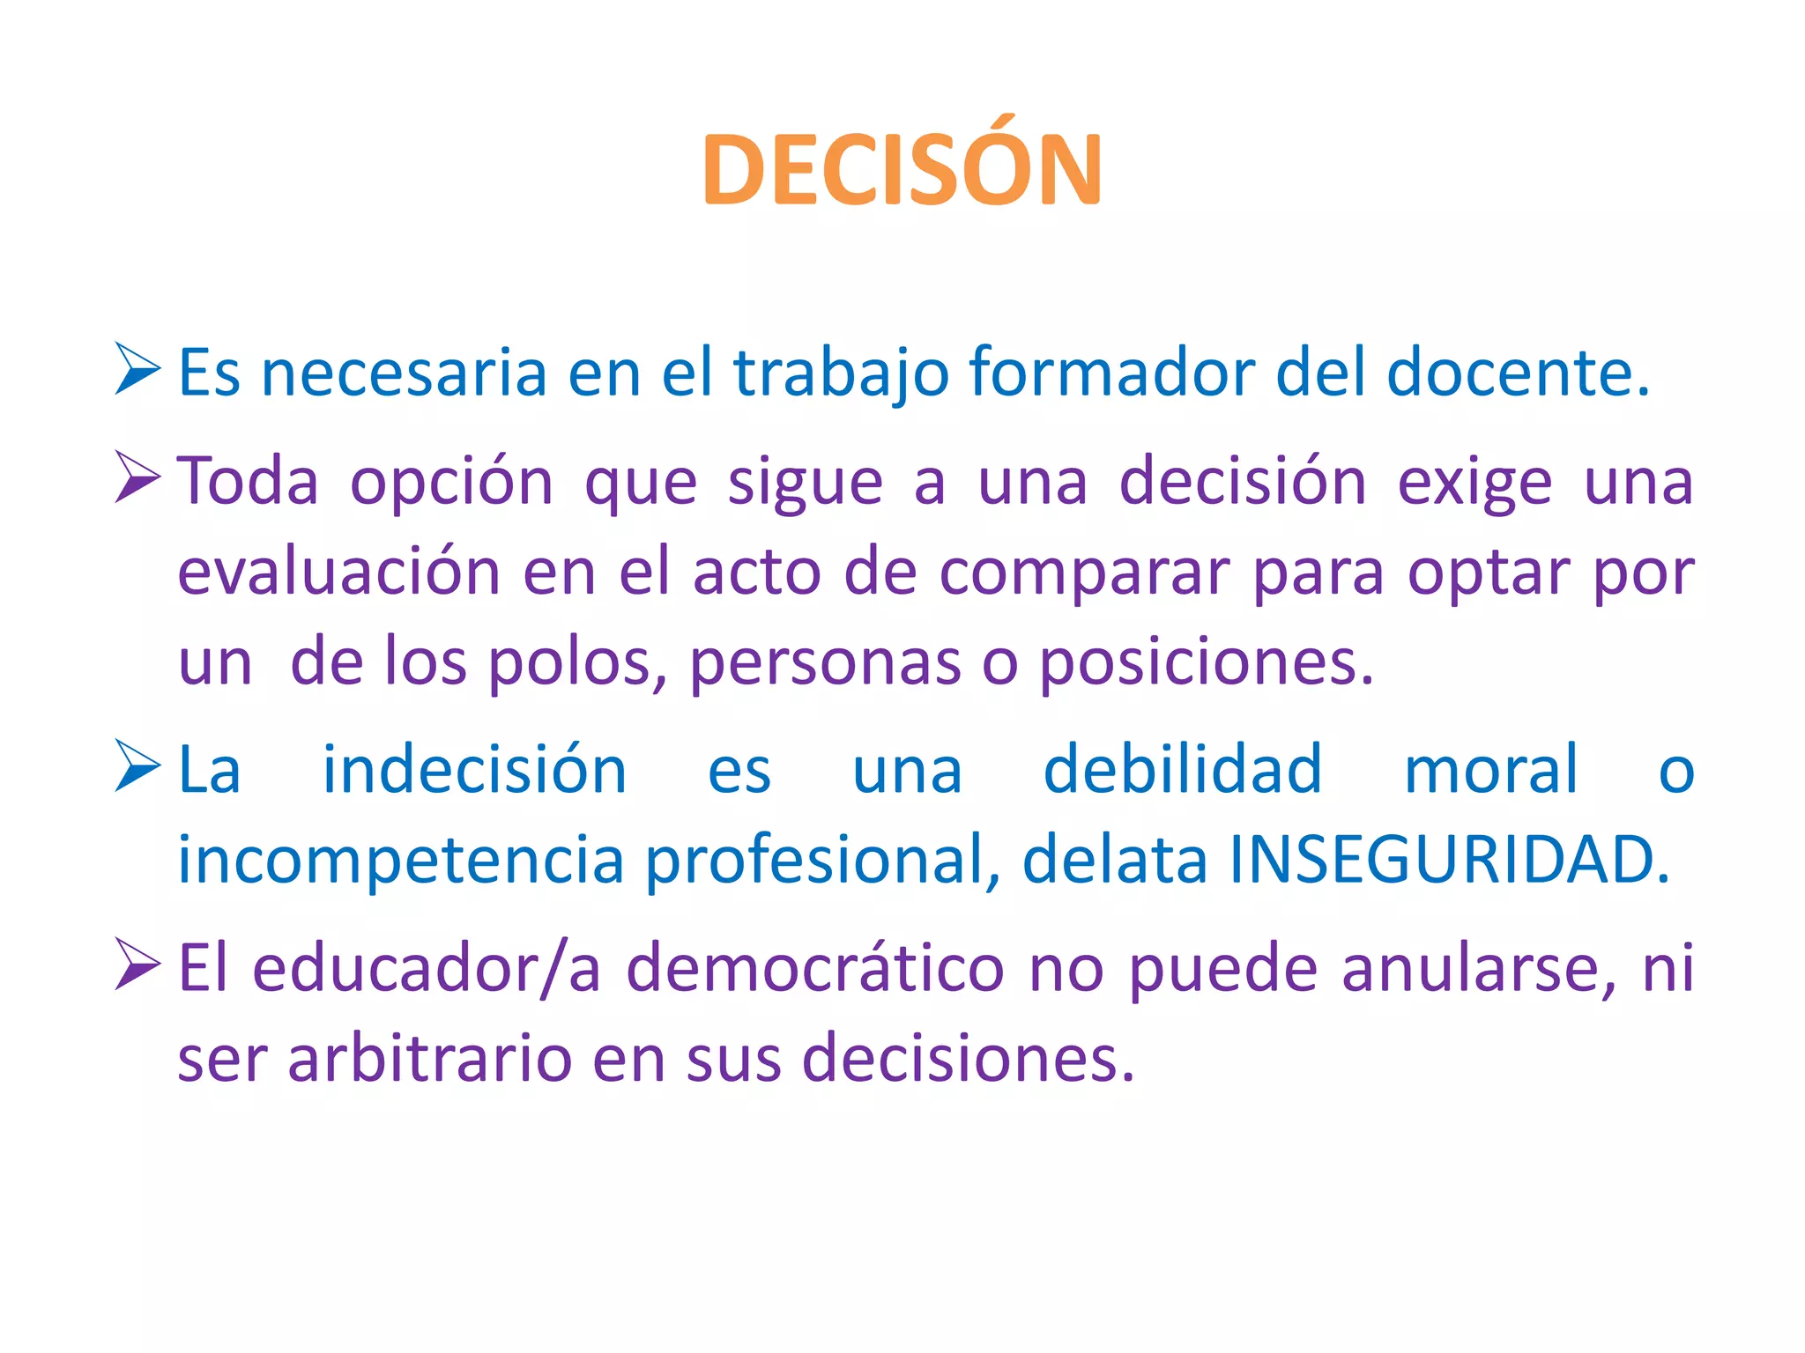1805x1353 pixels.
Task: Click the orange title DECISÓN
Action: [902, 168]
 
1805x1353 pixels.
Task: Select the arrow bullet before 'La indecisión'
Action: [137, 765]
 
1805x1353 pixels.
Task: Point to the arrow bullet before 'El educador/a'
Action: [137, 964]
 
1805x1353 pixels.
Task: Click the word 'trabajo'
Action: [841, 373]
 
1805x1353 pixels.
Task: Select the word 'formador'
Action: [1111, 373]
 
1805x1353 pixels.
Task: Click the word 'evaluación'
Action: [339, 573]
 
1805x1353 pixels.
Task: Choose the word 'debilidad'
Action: [1183, 770]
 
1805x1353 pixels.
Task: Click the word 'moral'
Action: [1490, 770]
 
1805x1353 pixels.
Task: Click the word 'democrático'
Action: [815, 969]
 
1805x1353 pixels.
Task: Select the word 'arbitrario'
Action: [429, 1058]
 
